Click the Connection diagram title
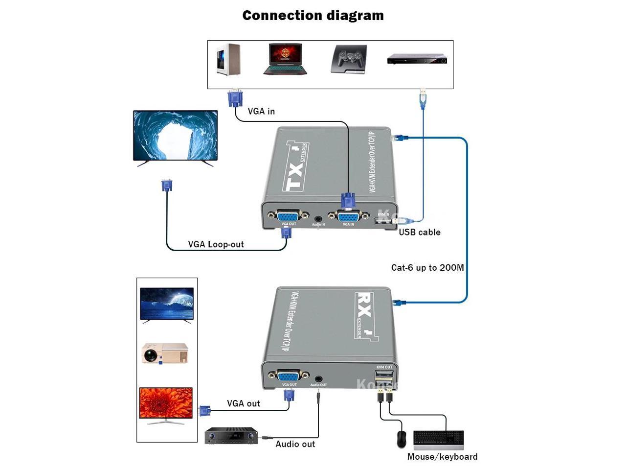click(313, 16)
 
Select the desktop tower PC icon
click(228, 59)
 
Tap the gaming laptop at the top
click(285, 59)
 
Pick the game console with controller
click(348, 59)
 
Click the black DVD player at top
click(417, 60)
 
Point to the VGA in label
click(261, 112)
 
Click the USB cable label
click(419, 233)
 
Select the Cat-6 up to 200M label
click(427, 268)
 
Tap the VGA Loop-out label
click(216, 244)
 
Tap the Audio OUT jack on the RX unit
click(318, 378)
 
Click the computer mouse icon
click(402, 439)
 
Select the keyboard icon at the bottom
click(438, 440)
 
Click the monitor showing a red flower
click(166, 405)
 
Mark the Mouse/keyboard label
click(442, 457)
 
